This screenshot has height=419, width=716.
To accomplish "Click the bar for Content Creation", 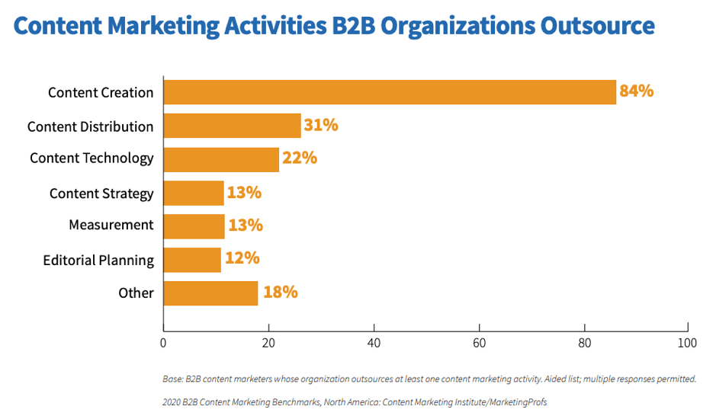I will tap(390, 92).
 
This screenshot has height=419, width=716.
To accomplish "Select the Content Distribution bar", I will tap(233, 126).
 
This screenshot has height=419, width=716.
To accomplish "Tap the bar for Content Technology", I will tap(221, 158).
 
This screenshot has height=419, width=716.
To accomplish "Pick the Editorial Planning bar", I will tap(192, 260).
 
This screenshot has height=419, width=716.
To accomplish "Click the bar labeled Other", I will tap(210, 293).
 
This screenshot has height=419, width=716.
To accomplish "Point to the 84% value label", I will tap(636, 91).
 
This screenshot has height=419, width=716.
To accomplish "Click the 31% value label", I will tap(320, 125).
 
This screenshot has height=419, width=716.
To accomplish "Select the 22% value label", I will tap(299, 158).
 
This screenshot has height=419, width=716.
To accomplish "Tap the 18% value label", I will tap(280, 293).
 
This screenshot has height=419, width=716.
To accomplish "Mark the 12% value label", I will tap(242, 259).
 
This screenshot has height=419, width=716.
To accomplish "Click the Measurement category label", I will tap(111, 225).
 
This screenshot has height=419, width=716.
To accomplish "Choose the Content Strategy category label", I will tap(101, 194).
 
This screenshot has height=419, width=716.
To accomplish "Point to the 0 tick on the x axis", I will tap(163, 344).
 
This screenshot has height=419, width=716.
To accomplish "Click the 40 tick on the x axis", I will tap(374, 344).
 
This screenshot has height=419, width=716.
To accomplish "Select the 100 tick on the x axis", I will tap(687, 344).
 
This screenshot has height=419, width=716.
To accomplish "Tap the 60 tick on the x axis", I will tap(479, 344).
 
